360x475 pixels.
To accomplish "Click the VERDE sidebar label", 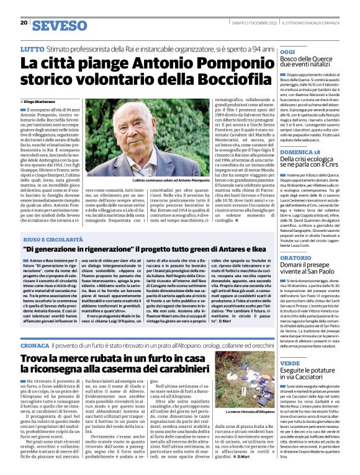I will (289, 363).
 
